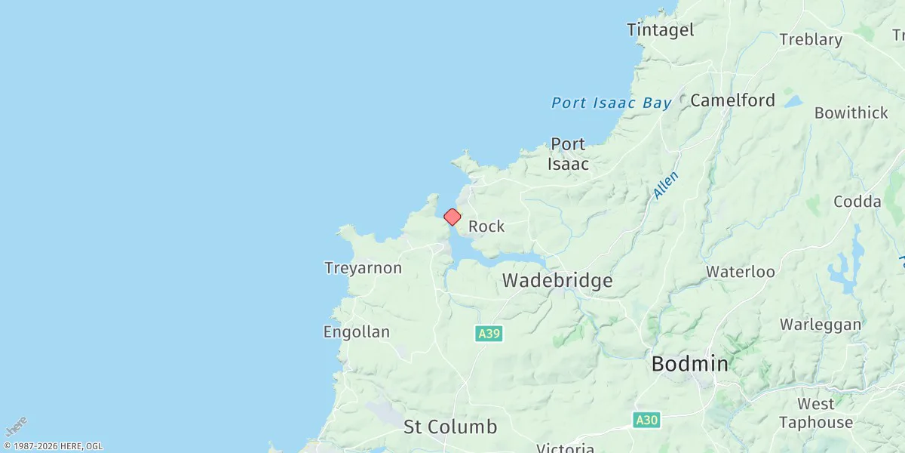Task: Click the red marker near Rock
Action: pos(452,217)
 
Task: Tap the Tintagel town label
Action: pos(660,30)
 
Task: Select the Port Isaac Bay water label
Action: pos(611,103)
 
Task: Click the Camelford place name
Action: pos(732,100)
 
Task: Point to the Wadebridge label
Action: pos(557,281)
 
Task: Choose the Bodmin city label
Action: pos(689,364)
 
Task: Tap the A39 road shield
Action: pos(489,333)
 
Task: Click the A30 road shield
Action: pos(646,420)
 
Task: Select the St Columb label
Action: pos(450,427)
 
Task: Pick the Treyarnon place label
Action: pos(363,267)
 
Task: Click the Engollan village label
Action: pos(356,332)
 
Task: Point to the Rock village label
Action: pos(486,226)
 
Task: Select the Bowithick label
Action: pos(851,113)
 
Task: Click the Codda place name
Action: pos(857,202)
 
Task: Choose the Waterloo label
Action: pos(740,272)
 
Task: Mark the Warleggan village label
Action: pos(820,325)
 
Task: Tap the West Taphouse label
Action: pos(815,413)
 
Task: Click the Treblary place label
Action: pos(811,39)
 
